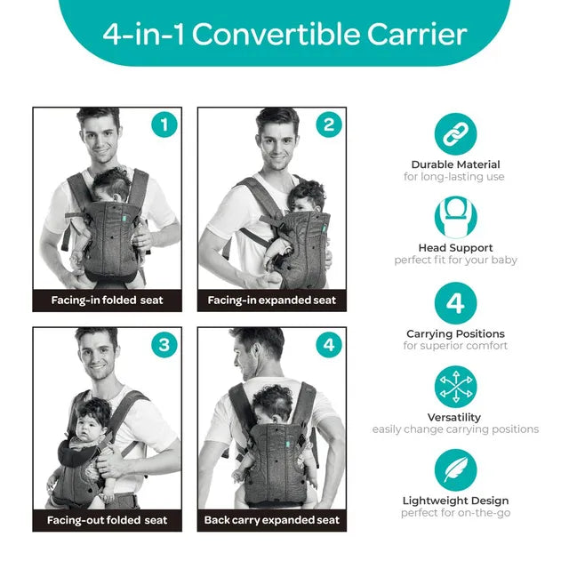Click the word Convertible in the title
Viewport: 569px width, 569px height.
pos(276,34)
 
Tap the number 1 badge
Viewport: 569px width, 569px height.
pos(164,124)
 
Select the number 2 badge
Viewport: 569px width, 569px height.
pos(329,124)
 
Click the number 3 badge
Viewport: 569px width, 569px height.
pos(164,344)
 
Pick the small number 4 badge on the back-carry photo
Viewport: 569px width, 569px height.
pos(329,344)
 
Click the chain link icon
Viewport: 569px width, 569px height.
pos(455,134)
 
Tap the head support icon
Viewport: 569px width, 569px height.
pos(455,217)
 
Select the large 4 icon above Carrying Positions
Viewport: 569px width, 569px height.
pos(455,303)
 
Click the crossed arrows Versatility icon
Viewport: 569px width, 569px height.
pos(455,387)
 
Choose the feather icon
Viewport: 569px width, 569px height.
pos(455,470)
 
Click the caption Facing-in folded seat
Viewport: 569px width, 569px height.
pos(107,301)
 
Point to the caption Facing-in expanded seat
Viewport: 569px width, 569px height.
pos(272,301)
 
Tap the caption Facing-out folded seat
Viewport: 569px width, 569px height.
pos(107,520)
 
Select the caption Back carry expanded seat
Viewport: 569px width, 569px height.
pos(272,520)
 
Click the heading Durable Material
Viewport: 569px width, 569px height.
pos(455,164)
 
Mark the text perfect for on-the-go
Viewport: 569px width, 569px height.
pos(455,513)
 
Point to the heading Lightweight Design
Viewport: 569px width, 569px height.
pos(455,501)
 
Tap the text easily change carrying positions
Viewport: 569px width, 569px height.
pos(455,429)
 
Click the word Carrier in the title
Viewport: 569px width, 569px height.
pos(417,34)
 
